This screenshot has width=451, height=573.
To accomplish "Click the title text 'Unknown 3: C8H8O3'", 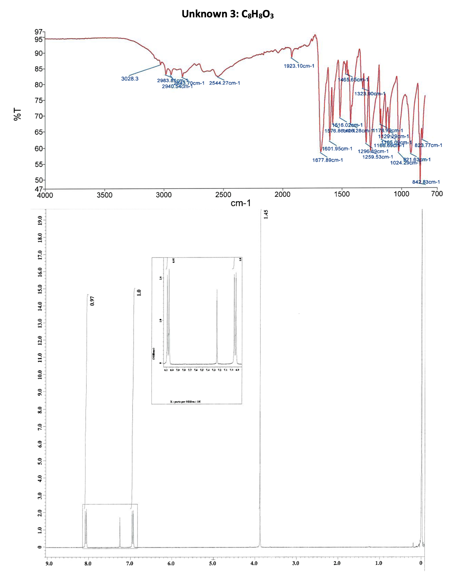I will (x=227, y=14).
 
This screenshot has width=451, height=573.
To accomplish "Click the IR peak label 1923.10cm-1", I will (x=299, y=66).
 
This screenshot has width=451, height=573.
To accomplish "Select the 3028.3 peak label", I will (x=130, y=79).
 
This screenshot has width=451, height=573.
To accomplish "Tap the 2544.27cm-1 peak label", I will (x=224, y=83).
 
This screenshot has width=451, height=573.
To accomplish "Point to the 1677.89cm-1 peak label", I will (x=327, y=160).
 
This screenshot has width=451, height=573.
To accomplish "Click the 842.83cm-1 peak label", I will (x=426, y=182).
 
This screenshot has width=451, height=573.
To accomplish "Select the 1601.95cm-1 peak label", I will (x=337, y=149).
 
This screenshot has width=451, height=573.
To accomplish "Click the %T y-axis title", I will (x=17, y=114).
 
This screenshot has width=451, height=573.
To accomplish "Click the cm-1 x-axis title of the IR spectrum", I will (x=241, y=203).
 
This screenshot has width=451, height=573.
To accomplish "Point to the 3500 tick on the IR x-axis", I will (x=104, y=195).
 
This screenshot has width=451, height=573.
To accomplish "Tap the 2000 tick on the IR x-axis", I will (x=282, y=194).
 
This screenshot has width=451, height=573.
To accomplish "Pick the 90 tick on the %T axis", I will (x=39, y=53).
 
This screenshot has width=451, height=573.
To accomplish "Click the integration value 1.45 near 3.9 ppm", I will (x=266, y=214).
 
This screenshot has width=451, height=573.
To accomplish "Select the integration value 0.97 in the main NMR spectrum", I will (x=92, y=301).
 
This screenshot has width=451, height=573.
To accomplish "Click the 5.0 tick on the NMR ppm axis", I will (x=212, y=563).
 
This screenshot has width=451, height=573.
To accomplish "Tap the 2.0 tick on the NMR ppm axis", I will (x=337, y=563).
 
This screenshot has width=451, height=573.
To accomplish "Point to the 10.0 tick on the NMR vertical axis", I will (x=40, y=375).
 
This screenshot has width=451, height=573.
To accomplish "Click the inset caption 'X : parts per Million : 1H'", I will (x=185, y=401).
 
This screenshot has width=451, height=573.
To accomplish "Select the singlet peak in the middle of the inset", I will (x=217, y=325).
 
